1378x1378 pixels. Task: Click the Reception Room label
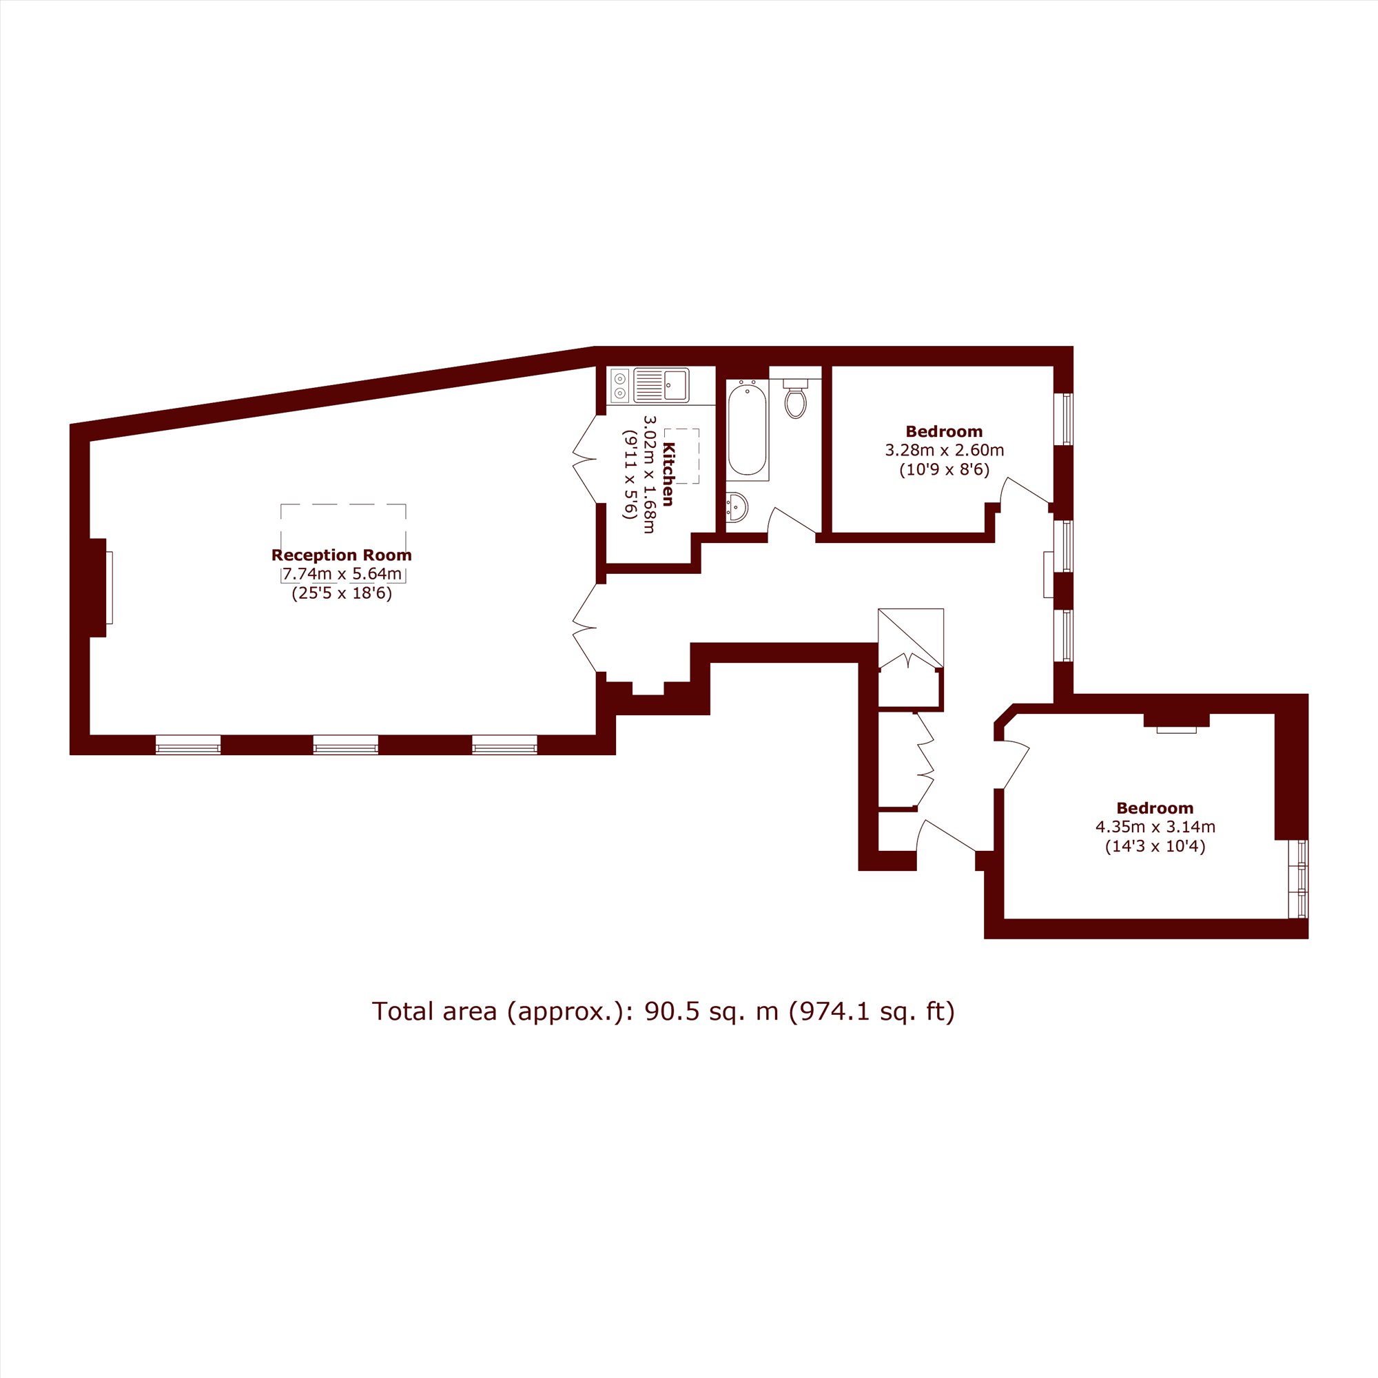(x=342, y=555)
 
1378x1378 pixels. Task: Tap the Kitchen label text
(x=668, y=473)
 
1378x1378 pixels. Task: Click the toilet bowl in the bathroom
(x=795, y=400)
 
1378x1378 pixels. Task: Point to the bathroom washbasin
(x=737, y=508)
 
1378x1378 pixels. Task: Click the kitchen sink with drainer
(x=661, y=386)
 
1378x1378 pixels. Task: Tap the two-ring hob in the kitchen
(x=620, y=386)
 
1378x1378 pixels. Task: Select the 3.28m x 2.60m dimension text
(x=945, y=450)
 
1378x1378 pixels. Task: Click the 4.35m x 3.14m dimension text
(x=1155, y=827)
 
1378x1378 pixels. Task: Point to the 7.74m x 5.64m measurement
(x=342, y=573)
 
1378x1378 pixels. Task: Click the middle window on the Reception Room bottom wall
(x=345, y=745)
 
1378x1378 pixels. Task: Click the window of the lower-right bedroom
(x=1302, y=878)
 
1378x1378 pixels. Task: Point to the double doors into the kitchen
(x=586, y=460)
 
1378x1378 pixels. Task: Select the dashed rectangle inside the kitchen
(x=681, y=455)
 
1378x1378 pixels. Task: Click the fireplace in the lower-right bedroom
(x=1176, y=723)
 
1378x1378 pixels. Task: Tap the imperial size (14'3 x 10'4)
(x=1155, y=847)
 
